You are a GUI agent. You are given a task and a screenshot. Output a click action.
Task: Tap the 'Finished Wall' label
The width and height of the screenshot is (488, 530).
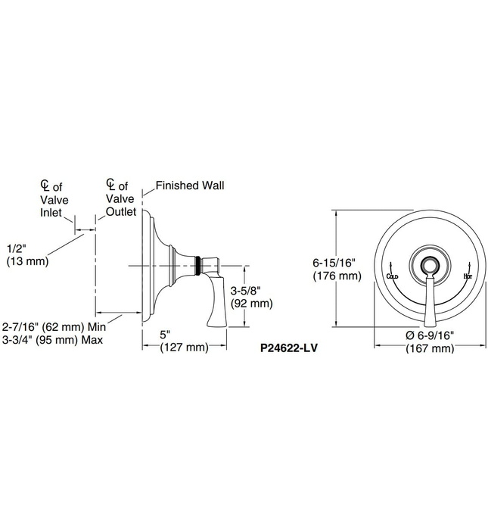190,185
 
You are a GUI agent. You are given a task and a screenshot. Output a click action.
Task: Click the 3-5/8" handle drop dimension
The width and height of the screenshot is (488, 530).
250,291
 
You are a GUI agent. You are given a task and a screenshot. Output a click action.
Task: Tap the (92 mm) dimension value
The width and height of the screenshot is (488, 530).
250,304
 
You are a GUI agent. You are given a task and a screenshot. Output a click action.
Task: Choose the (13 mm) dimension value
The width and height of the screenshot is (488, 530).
27,261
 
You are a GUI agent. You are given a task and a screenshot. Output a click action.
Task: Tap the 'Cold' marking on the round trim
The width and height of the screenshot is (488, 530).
392,277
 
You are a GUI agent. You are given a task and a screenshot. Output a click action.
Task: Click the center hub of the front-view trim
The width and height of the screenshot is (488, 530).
429,266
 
